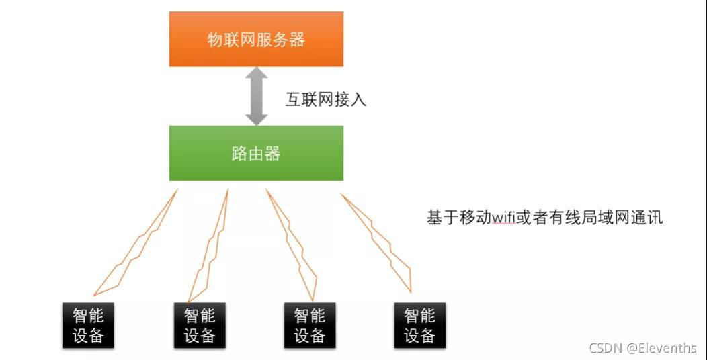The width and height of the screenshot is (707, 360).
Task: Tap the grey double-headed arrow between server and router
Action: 256,96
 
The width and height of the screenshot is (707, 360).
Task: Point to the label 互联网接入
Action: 326,101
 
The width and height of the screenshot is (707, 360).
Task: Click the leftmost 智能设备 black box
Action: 88,325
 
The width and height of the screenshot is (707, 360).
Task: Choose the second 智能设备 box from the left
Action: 200,325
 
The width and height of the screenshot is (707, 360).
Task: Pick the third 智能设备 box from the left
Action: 310,325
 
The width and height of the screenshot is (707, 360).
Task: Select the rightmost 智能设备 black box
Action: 419,325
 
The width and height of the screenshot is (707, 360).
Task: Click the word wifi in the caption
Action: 504,218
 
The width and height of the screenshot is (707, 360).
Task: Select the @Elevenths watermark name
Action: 662,347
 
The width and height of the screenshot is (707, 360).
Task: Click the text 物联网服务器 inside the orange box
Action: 256,40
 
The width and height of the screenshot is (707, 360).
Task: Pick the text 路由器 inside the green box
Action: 256,153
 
